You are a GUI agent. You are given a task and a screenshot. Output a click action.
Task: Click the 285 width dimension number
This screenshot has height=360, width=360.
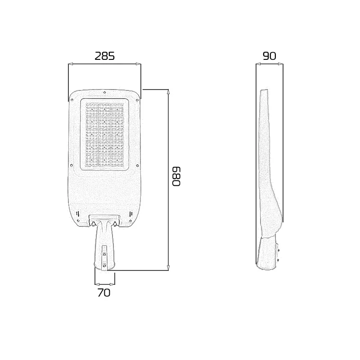click(x=104, y=56)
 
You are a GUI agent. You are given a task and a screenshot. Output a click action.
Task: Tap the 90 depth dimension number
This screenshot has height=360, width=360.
click(x=269, y=56)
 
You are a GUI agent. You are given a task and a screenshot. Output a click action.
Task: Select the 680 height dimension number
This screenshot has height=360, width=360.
click(x=176, y=176)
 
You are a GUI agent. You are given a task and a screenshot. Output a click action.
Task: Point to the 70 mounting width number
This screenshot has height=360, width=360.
click(x=104, y=292)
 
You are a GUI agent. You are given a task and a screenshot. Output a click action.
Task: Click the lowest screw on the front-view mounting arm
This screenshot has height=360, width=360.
click(x=104, y=265)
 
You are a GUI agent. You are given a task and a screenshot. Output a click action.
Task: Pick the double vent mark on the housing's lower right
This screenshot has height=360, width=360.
click(x=130, y=213)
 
